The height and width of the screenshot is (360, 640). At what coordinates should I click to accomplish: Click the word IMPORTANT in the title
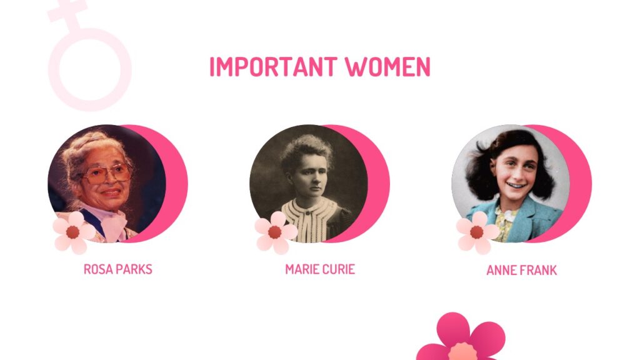pyautogui.click(x=273, y=67)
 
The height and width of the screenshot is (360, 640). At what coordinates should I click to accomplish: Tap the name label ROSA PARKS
pyautogui.click(x=117, y=269)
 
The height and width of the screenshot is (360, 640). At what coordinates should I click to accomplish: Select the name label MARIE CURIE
pyautogui.click(x=319, y=269)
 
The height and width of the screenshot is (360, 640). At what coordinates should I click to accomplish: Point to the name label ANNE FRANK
pyautogui.click(x=521, y=271)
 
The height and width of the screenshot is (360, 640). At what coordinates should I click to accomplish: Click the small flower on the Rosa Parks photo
pyautogui.click(x=73, y=232)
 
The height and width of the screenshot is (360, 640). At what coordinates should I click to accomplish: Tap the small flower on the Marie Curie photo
pyautogui.click(x=275, y=232)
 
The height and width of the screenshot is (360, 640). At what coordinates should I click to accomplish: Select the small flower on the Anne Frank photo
pyautogui.click(x=477, y=232)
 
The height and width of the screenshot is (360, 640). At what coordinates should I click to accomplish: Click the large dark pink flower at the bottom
pyautogui.click(x=461, y=341)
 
